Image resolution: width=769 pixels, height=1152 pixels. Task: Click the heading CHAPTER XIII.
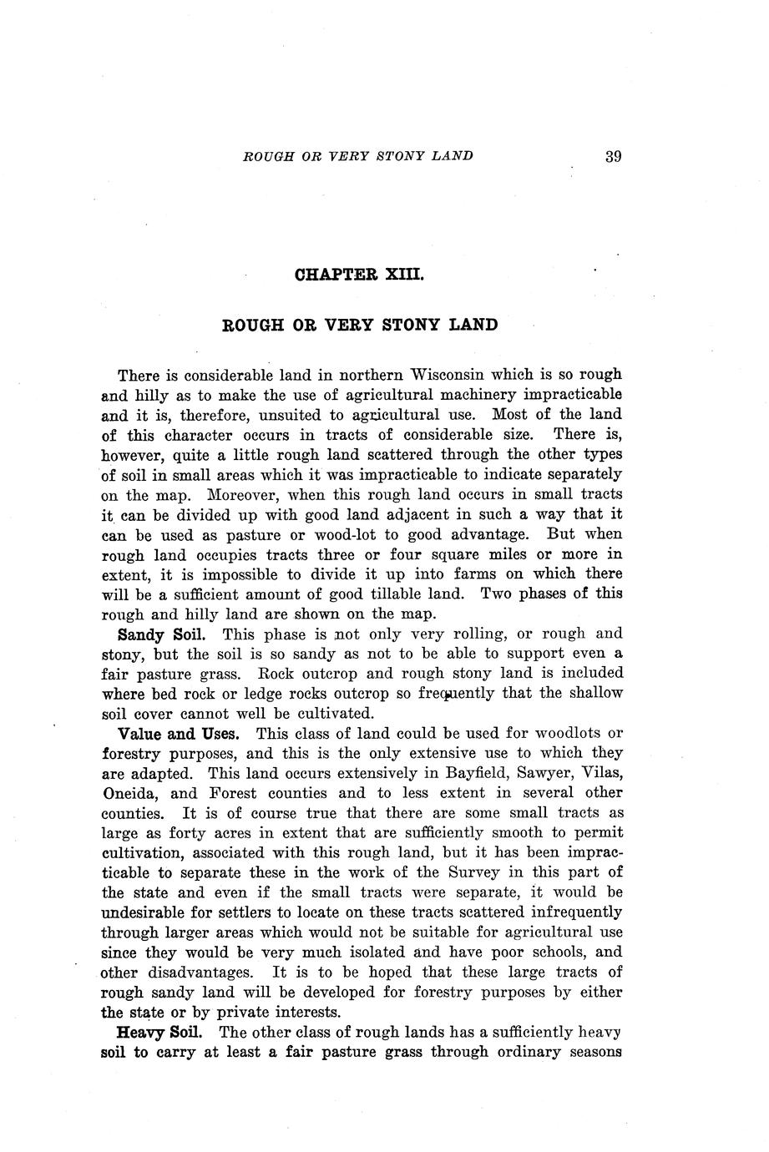coord(360,274)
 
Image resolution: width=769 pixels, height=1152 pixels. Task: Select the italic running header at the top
coord(357,155)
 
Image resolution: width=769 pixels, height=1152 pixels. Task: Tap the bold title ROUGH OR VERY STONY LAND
coord(360,325)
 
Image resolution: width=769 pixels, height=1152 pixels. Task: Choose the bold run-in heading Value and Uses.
coord(180,734)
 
